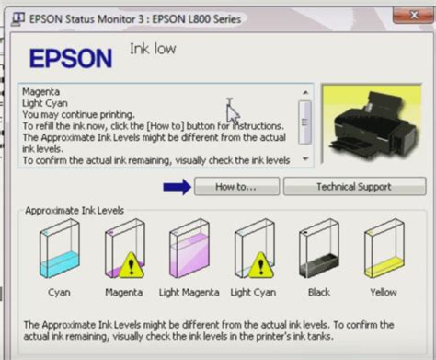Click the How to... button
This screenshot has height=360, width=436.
coord(236,186)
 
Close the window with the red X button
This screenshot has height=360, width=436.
coord(414,15)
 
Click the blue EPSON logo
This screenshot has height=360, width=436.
coord(71,58)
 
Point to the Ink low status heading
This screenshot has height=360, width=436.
coord(153,49)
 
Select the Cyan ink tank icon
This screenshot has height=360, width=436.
coord(59,249)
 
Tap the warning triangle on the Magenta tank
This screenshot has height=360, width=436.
coord(131,266)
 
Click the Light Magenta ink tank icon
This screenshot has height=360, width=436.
coord(189,249)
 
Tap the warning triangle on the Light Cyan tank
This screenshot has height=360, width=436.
coord(260,266)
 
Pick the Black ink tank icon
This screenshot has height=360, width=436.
coord(319,249)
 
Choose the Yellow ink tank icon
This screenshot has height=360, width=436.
coord(384,249)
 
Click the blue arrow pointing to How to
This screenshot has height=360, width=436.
coord(177,187)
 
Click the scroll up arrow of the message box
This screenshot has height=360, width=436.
coord(305,92)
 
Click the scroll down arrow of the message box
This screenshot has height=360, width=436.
coord(305,159)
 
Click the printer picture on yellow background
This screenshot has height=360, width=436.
coord(372,123)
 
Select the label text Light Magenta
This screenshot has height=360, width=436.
coord(189,293)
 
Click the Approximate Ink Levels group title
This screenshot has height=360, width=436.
coord(75,211)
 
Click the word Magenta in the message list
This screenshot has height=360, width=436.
coord(40,92)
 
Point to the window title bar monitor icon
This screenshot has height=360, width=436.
coord(18,19)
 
